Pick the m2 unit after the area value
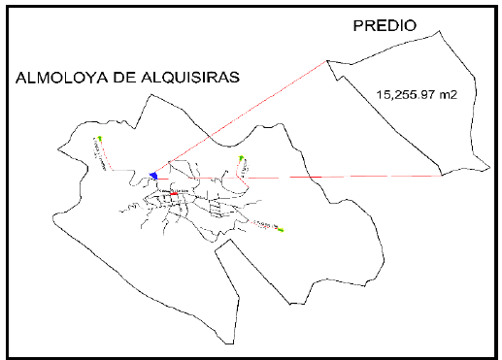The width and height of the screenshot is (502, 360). click(448, 94)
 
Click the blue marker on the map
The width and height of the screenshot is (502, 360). click(153, 176)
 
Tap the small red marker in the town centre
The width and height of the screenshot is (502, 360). click(173, 193)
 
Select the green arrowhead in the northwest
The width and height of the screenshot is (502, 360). click(99, 138)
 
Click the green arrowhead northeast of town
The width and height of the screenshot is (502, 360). click(241, 156)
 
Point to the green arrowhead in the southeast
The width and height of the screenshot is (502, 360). click(281, 230)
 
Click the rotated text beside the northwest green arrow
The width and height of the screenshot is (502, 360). click(99, 153)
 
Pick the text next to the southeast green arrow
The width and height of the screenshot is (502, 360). click(263, 224)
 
